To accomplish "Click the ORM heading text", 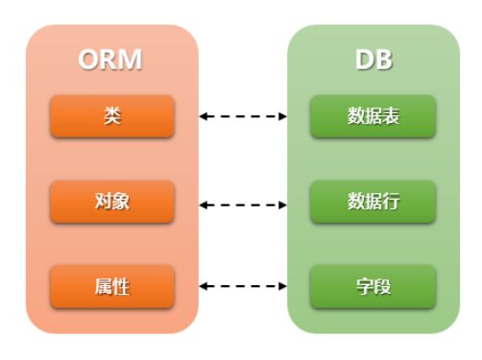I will pos(111,60).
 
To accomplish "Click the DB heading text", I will pos(373,60).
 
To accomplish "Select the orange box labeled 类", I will pos(112,116).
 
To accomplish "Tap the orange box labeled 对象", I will pos(112,202).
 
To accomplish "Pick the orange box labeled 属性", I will pos(112,286).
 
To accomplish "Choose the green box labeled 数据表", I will pos(373,116).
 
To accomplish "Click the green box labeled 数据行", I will pos(373,202).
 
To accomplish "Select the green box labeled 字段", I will pos(373,286).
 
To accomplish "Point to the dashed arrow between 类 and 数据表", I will pos(244,116).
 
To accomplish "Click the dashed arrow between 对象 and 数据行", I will pos(244,204).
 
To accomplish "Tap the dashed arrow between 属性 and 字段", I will pos(244,286).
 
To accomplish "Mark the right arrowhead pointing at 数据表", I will pos(283,116).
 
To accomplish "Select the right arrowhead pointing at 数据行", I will pos(283,204).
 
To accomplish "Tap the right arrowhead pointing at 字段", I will pos(283,286).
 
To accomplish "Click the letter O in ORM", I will pos(90,60).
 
